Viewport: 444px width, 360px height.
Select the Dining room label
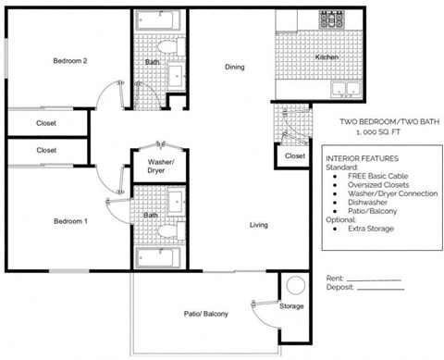(x=235, y=67)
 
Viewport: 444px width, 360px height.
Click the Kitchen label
(x=327, y=58)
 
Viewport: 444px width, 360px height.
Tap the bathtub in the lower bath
(x=159, y=256)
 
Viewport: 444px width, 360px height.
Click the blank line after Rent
(x=373, y=279)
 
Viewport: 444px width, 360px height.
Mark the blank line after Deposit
(x=380, y=288)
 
